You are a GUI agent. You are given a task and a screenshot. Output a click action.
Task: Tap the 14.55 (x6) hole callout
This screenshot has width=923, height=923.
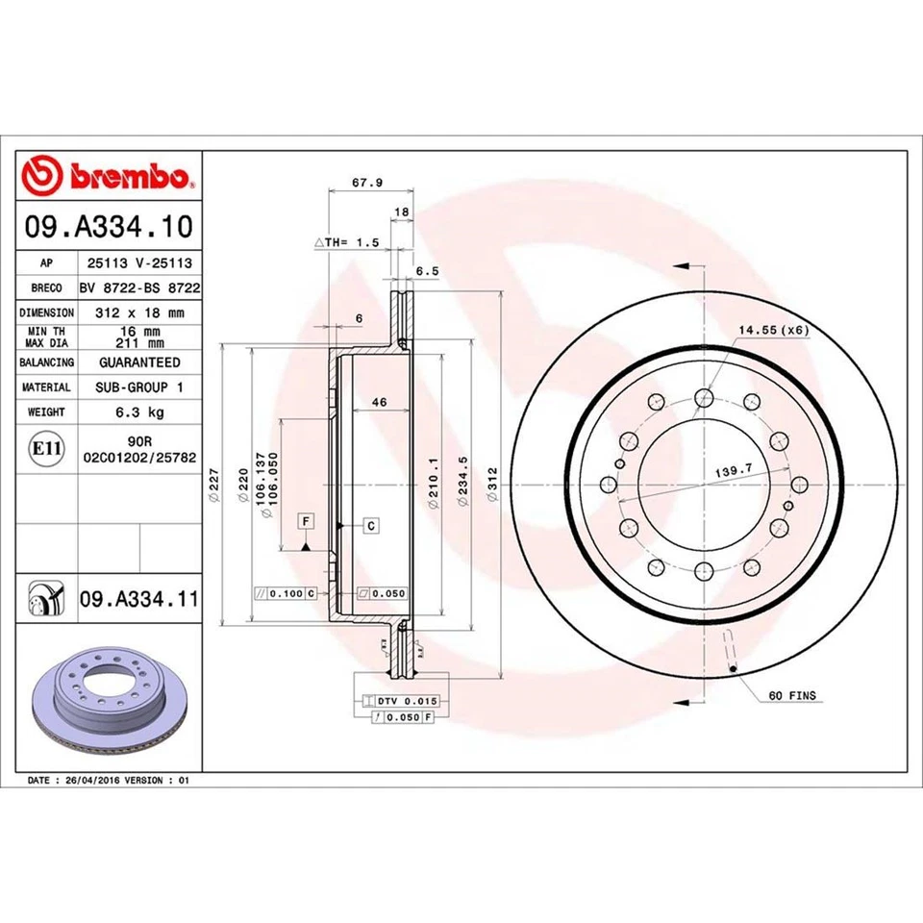tap(773, 330)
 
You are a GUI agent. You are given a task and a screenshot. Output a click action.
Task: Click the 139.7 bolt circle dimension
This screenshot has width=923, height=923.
tap(732, 471)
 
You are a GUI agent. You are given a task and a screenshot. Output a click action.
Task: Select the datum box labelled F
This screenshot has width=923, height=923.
tap(306, 521)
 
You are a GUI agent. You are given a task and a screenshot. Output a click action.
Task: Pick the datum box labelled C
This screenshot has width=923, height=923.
tap(370, 525)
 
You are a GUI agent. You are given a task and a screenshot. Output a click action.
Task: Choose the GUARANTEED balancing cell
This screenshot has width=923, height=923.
tap(139, 362)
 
